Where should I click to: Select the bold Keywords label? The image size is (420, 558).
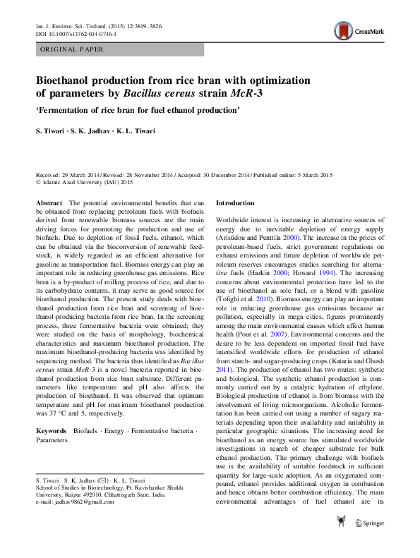coord(52,429)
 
